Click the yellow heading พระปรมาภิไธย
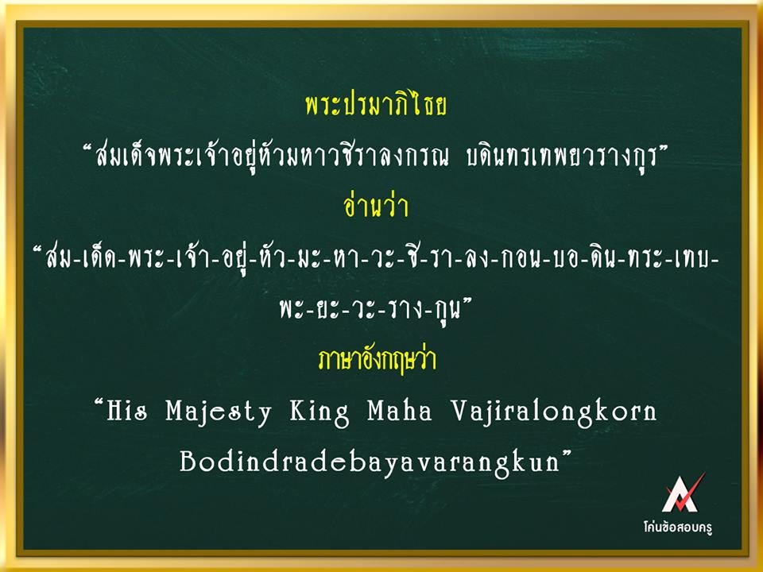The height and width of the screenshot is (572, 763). click(x=376, y=106)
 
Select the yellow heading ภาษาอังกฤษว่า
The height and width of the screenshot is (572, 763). click(x=377, y=360)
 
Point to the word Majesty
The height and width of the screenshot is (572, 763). click(x=219, y=413)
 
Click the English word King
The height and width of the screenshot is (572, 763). click(x=320, y=413)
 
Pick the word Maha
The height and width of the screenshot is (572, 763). click(x=400, y=410)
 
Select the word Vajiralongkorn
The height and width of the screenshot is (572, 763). click(x=553, y=413)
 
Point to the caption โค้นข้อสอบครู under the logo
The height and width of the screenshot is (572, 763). click(x=678, y=527)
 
